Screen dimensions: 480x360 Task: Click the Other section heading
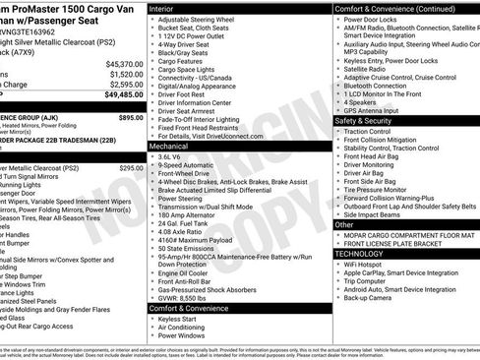pyautogui.click(x=345, y=224)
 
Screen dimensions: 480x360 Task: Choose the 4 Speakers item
pyautogui.click(x=362, y=101)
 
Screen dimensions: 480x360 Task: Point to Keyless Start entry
pyautogui.click(x=183, y=319)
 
